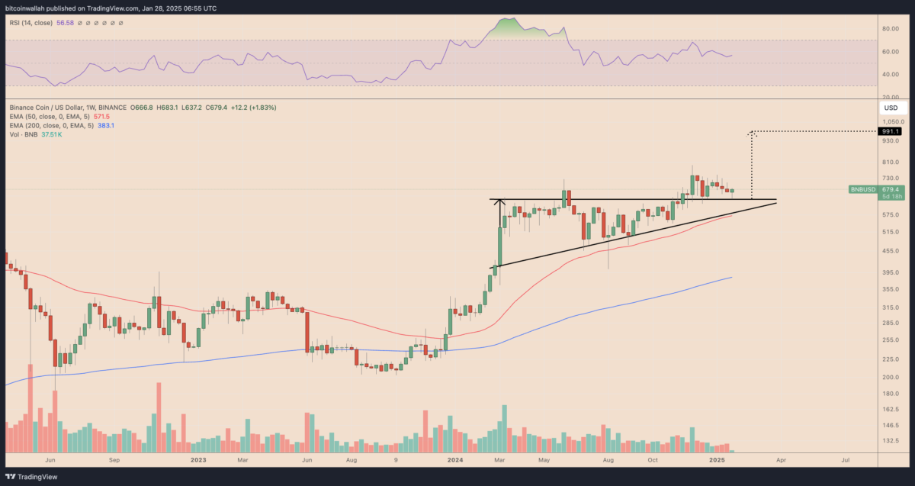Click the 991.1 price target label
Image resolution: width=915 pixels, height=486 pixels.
point(889,131)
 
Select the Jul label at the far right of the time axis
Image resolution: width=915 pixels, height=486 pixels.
point(846,461)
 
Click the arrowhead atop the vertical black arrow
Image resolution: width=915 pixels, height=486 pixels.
point(500,202)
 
